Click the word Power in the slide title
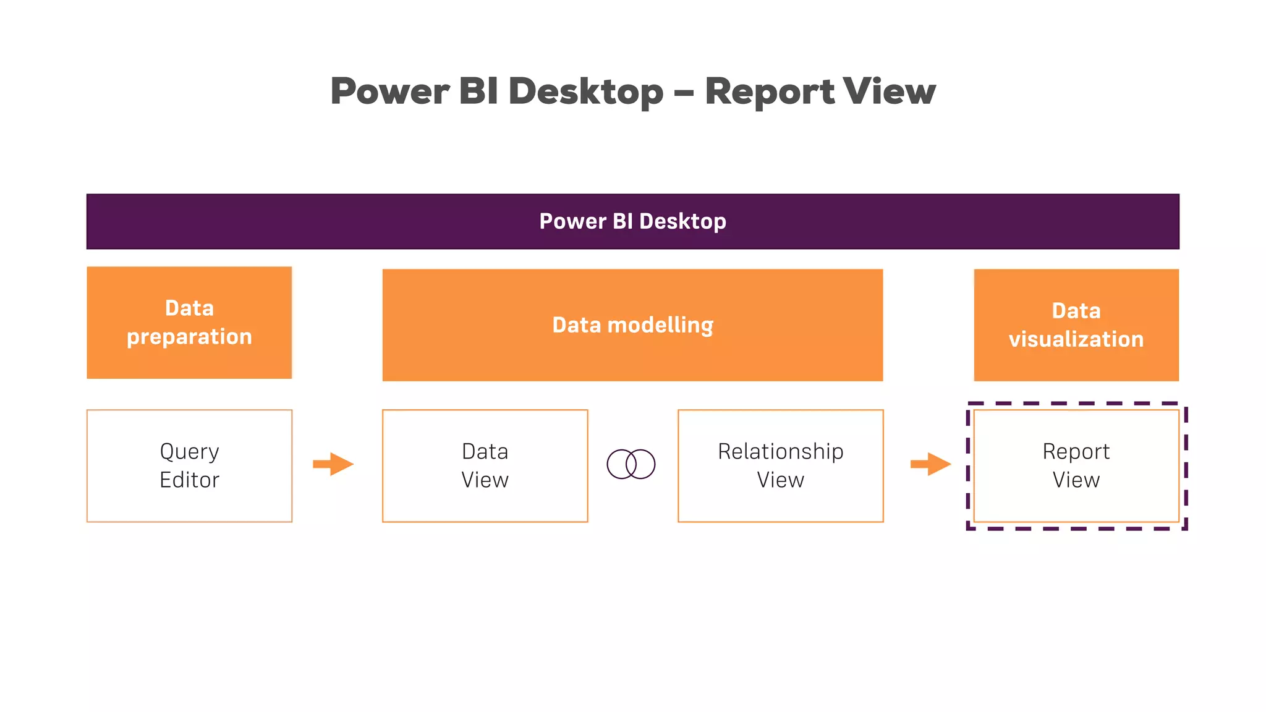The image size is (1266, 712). point(389,91)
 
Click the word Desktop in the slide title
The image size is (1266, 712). point(585,91)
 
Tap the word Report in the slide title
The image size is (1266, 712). point(769,91)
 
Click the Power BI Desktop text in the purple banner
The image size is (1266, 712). point(632,221)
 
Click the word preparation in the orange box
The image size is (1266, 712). point(189,337)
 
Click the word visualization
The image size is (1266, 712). point(1076,339)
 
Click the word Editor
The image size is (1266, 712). point(189,480)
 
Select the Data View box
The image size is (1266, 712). point(485,465)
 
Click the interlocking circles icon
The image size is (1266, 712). point(631,464)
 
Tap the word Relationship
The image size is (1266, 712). point(780,452)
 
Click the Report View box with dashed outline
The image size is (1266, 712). point(1076,465)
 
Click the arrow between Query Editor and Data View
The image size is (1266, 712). point(333,464)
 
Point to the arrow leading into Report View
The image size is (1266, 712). point(930,464)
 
